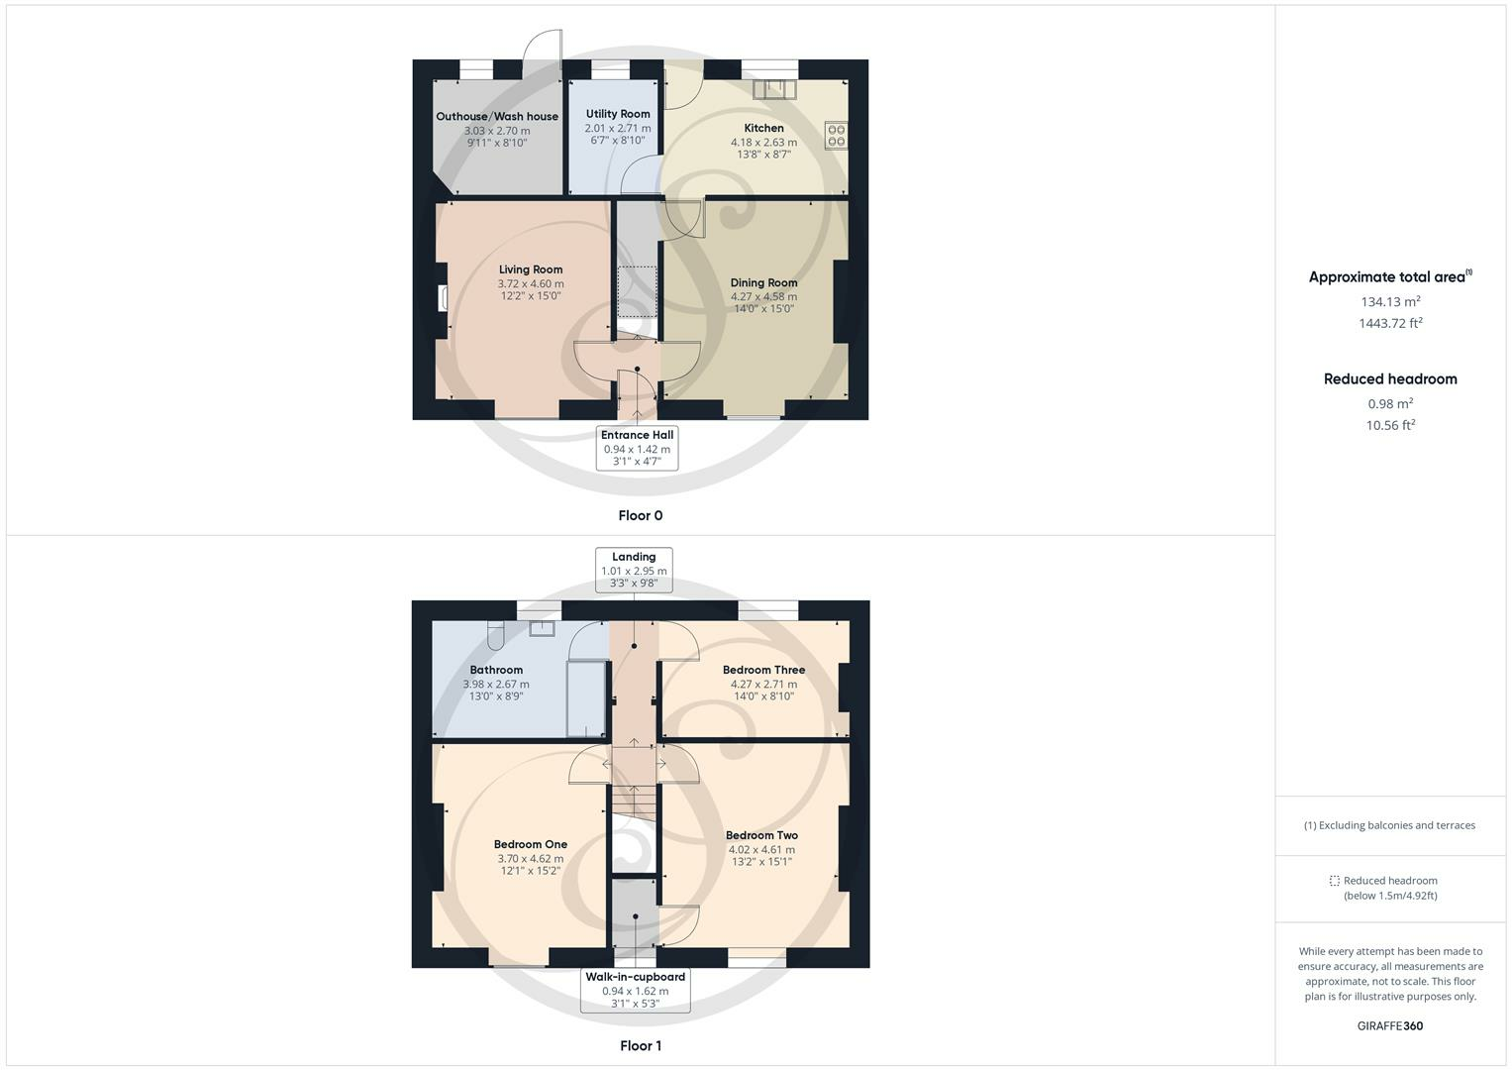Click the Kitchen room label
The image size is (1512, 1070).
[x=763, y=128]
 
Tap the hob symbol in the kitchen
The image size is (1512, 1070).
[x=836, y=135]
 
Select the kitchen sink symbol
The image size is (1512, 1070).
[x=774, y=90]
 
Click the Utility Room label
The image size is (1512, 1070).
[x=618, y=114]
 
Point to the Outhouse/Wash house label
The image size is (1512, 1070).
[x=497, y=116]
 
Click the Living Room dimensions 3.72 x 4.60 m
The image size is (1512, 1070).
[x=531, y=283]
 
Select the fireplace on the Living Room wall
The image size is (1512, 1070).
[x=445, y=298]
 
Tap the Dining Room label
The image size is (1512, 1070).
[x=763, y=282]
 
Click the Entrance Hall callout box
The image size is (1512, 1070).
[x=637, y=448]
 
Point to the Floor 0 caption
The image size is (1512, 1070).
[x=640, y=515]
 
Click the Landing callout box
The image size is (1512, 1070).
[x=634, y=570]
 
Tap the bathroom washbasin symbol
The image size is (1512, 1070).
[x=542, y=628]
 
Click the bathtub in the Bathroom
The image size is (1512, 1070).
[x=585, y=699]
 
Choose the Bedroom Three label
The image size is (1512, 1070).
[x=763, y=670]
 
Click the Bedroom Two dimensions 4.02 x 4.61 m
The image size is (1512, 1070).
[x=761, y=849]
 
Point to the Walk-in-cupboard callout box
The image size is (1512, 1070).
[x=635, y=990]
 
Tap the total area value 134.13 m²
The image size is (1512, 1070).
[x=1390, y=302]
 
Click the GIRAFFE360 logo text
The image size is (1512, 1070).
[x=1389, y=1025]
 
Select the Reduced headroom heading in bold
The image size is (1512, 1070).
[x=1390, y=378]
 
